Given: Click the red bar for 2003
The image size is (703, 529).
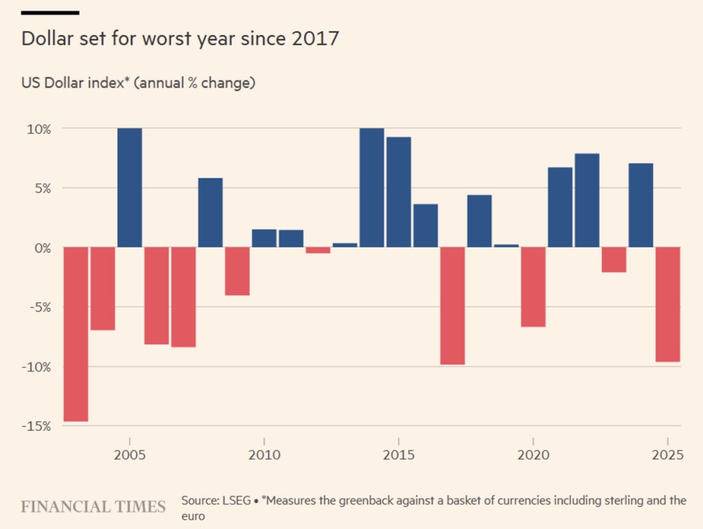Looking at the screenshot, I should coord(76,334).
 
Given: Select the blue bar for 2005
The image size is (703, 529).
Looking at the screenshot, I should coord(130,187).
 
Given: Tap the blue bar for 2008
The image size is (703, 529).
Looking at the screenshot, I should coord(211,213).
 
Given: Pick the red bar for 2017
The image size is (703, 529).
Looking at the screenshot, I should coord(453,305).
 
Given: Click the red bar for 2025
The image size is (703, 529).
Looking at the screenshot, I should coord(668,304).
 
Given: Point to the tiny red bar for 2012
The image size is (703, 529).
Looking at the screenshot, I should coord(318,250).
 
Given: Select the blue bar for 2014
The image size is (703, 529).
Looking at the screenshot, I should coord(372,187).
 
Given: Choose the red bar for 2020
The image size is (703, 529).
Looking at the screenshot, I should coord(533,287).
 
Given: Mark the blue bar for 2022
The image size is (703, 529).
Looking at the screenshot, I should coord(587,200).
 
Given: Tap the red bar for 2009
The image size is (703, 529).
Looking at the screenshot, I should coord(238,271).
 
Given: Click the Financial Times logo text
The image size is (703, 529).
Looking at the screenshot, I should coord(93,507).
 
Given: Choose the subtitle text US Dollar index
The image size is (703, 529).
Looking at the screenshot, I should coord(75,84).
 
